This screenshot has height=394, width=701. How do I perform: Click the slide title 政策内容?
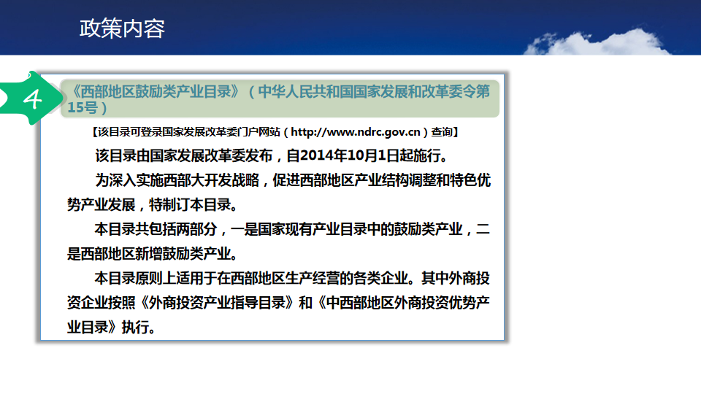122,28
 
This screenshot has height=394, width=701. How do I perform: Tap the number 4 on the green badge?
33,98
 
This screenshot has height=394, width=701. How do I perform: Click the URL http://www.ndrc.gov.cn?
356,132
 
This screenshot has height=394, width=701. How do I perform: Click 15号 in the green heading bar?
83,108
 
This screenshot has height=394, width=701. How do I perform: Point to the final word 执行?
136,327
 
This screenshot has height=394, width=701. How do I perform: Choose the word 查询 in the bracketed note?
442,132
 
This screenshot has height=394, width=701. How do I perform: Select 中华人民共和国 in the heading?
305,92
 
